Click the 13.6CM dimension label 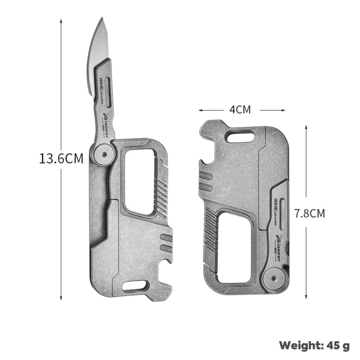click(x=61, y=158)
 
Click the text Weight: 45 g click(x=314, y=346)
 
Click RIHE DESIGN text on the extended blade click(x=102, y=85)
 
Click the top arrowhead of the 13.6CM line click(x=61, y=21)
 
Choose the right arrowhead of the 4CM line click(x=284, y=109)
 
